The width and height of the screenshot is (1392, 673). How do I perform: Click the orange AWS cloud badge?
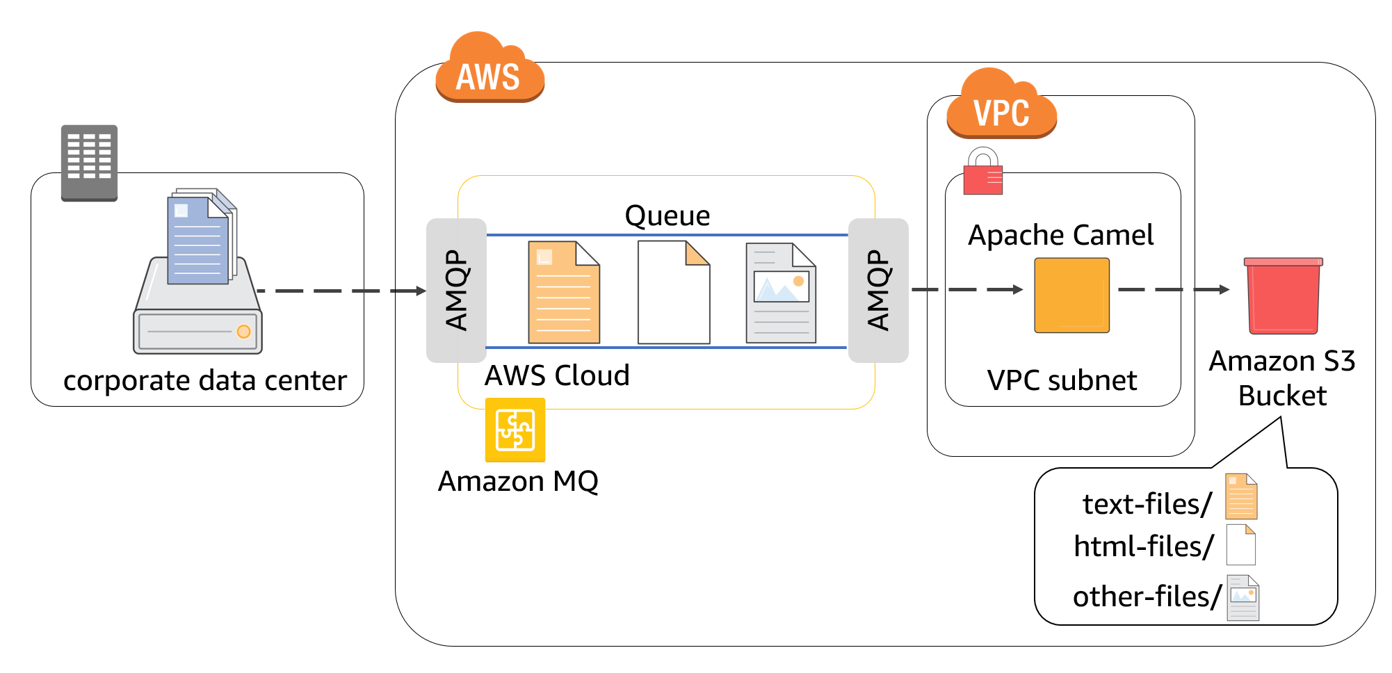click(x=489, y=70)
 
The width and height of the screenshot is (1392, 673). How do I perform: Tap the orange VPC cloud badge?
click(x=1001, y=106)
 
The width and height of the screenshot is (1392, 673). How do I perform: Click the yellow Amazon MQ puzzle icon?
click(x=515, y=430)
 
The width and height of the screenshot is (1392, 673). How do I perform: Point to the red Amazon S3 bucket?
click(x=1283, y=296)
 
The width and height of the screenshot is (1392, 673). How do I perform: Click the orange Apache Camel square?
click(x=1071, y=295)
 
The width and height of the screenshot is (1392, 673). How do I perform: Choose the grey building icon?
click(x=89, y=163)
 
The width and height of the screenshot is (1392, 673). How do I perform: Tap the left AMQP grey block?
click(x=456, y=290)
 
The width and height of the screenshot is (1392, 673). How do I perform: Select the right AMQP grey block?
click(x=878, y=290)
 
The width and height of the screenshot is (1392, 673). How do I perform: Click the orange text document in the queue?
click(x=563, y=293)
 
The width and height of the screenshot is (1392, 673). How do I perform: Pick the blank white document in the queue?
click(x=673, y=293)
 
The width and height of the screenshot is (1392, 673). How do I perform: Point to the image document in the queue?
click(x=780, y=293)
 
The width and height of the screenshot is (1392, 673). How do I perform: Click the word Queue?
click(x=667, y=216)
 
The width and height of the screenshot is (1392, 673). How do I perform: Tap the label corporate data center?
click(x=204, y=381)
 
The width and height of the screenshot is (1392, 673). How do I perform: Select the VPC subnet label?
click(x=1062, y=380)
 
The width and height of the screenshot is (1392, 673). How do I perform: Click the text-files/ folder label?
click(x=1147, y=504)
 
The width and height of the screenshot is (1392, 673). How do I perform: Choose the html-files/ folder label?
click(x=1143, y=546)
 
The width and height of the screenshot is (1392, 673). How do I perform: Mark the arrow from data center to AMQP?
click(x=341, y=291)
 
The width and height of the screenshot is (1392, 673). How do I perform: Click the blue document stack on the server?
click(x=200, y=238)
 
